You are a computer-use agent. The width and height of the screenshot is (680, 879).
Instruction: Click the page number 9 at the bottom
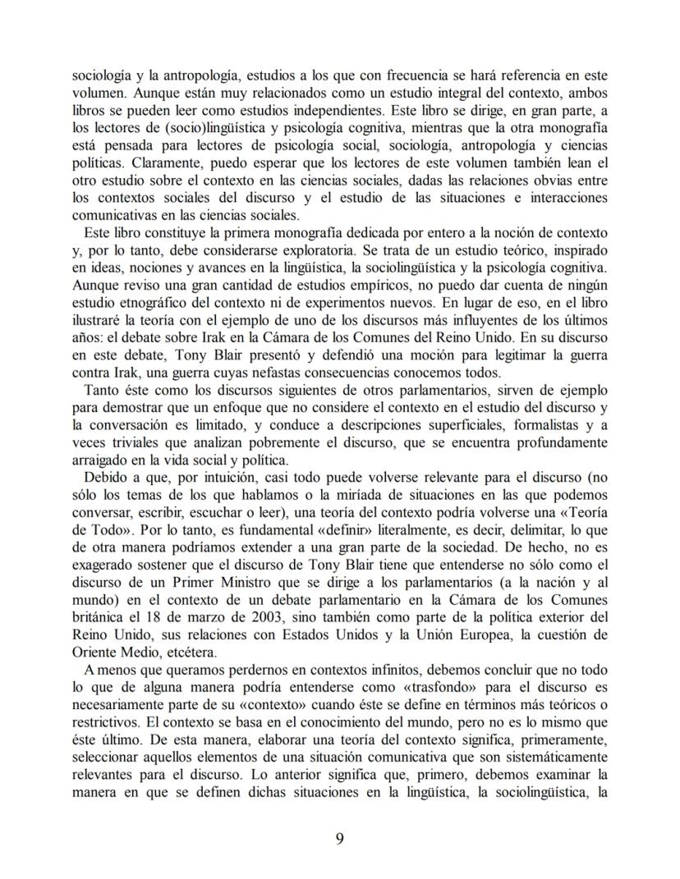tap(339, 838)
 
